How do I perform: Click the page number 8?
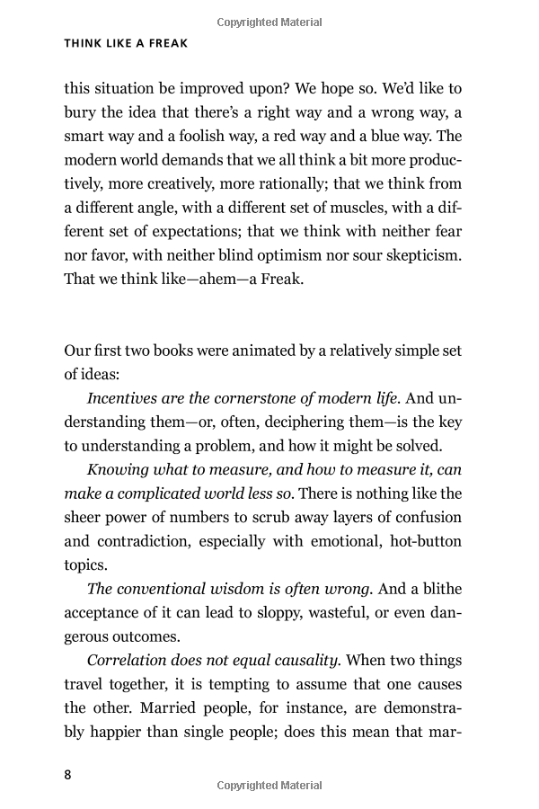tap(68, 775)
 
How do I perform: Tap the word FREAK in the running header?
tap(163, 43)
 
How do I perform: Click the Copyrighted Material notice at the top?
tap(269, 22)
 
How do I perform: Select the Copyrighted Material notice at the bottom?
tap(269, 786)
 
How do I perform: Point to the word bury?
tap(80, 112)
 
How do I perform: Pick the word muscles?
tap(351, 208)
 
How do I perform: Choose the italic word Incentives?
tap(124, 397)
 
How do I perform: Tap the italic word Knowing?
tap(119, 469)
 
